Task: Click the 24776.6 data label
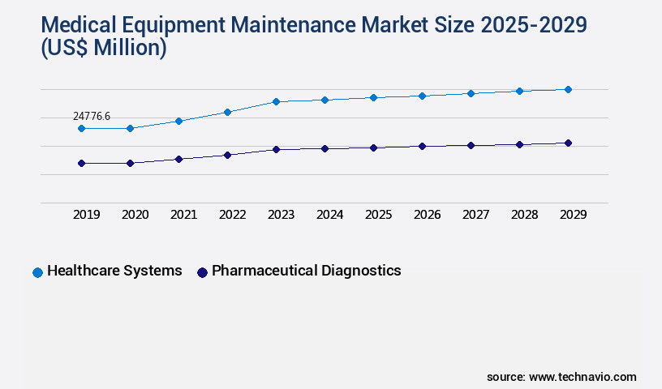tap(91, 117)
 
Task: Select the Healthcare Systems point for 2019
tap(81, 128)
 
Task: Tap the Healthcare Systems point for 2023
tap(276, 101)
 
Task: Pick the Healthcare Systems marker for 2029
tap(568, 89)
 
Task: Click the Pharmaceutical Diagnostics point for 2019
tap(81, 163)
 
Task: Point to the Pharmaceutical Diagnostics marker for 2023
tap(276, 149)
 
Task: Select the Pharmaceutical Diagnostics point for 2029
tap(568, 143)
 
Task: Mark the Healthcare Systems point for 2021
tap(178, 121)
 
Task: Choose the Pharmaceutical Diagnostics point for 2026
tap(422, 146)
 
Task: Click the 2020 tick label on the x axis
tap(135, 215)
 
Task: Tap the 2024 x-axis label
tap(329, 215)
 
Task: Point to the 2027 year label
tap(475, 215)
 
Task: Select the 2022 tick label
tap(232, 215)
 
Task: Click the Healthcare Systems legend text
tap(114, 271)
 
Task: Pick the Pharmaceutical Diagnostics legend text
tap(306, 271)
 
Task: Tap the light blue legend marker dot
tap(37, 272)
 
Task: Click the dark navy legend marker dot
tap(202, 272)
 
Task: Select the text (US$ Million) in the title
tap(103, 48)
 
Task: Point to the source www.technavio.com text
tap(561, 377)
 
